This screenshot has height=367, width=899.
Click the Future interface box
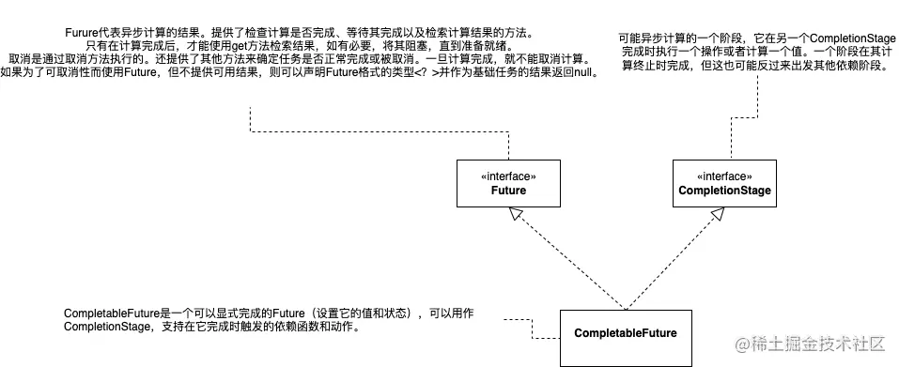click(508, 182)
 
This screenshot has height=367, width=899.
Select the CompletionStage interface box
click(723, 182)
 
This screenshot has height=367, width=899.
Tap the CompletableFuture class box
click(625, 336)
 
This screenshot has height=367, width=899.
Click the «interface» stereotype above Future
click(508, 176)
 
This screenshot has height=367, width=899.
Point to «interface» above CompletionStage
click(723, 176)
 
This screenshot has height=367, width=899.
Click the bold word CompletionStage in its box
click(723, 191)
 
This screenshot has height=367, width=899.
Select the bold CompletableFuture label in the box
click(625, 333)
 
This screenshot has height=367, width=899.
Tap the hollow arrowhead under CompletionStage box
click(717, 215)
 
